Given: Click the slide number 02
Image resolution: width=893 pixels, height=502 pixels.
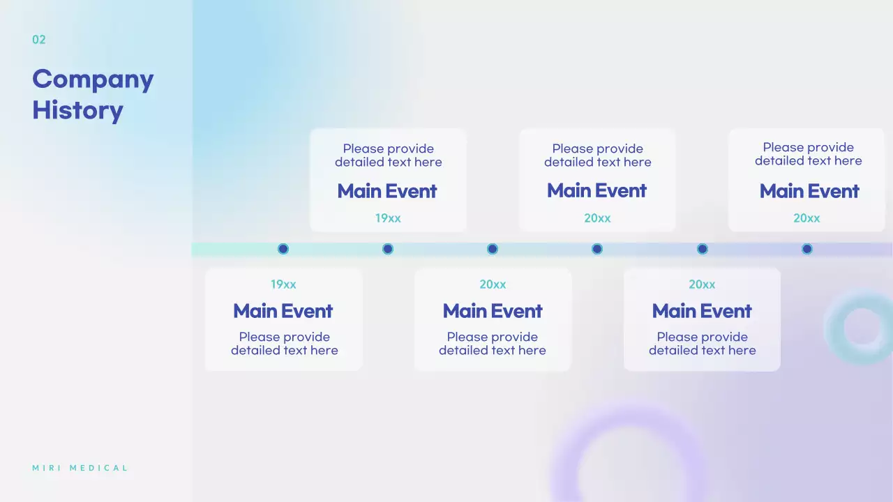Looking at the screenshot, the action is pos(38,40).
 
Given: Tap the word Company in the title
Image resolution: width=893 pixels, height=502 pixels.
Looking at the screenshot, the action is pos(93,79).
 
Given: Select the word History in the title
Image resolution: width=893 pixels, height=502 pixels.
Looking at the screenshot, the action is pos(77,110).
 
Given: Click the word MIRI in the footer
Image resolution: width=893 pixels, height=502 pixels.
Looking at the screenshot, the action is pos(47,468).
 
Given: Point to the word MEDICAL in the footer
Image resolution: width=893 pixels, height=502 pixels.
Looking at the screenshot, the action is pos(98,468).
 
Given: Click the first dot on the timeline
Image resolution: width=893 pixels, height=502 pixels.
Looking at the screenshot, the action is pos(283,249).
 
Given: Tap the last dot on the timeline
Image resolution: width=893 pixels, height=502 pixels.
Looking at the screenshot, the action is pos(807,249).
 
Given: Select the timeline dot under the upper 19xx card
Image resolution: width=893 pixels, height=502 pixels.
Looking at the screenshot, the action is pos(387,249).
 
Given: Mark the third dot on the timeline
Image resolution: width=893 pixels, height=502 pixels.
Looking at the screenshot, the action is pos(493,249).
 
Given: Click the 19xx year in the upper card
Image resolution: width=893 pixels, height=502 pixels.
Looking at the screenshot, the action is pos(388,218).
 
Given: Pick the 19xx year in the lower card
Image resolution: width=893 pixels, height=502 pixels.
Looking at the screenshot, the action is pos(283,284).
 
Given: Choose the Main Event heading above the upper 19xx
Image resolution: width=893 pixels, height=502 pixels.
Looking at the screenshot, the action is pos(387,191).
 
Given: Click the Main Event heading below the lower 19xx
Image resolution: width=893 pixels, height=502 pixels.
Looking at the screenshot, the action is pos(283,311).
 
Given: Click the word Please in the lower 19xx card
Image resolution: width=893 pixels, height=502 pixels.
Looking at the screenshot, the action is pos(259,337).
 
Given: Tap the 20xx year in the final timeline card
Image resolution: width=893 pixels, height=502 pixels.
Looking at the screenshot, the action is pos(806,218).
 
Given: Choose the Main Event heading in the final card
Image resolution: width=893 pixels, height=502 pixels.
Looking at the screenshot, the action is pos(809,191).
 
